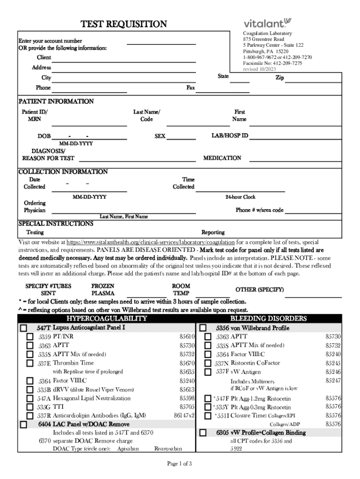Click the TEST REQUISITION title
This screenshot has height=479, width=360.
[x=123, y=24]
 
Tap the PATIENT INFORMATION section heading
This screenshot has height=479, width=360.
[x=56, y=102]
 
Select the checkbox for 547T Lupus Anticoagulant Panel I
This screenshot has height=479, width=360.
[x=23, y=328]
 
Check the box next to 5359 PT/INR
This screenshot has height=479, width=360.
[x=29, y=337]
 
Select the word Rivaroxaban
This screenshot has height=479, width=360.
[x=168, y=449]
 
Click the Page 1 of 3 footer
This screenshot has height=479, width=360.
[x=180, y=464]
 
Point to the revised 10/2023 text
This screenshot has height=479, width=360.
[x=259, y=69]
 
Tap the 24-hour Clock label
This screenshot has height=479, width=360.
[x=240, y=197]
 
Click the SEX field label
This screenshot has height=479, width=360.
[x=160, y=136]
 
